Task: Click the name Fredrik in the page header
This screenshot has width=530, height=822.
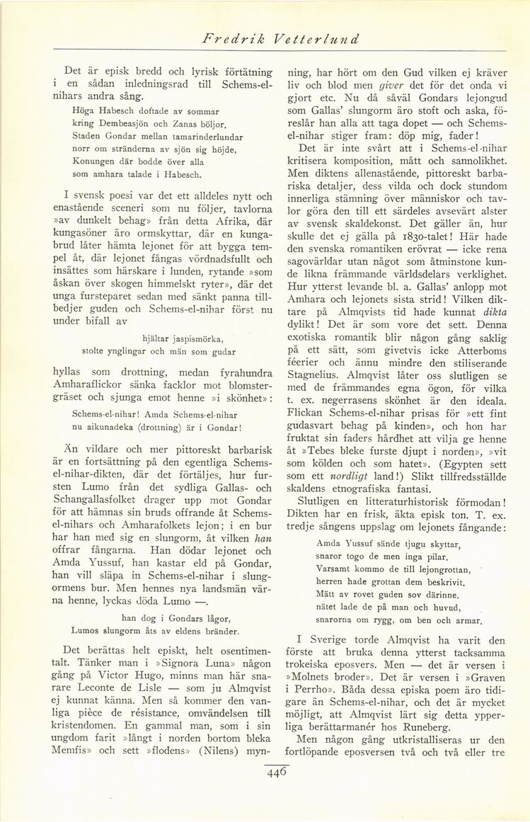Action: (x=227, y=39)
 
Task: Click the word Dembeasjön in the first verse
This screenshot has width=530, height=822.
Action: (x=121, y=124)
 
